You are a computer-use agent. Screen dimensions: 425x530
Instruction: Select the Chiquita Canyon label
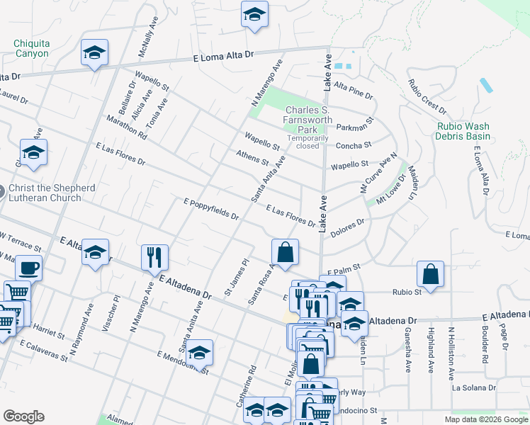tap(31, 48)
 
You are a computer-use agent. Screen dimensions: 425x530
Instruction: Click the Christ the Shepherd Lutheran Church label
tap(51, 193)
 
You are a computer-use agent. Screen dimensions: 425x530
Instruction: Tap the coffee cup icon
tap(28, 268)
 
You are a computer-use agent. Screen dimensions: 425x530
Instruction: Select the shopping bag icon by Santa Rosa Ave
tap(284, 252)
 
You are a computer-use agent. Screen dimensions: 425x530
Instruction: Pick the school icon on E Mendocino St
tap(200, 352)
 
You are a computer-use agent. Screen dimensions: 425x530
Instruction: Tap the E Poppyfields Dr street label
tap(210, 209)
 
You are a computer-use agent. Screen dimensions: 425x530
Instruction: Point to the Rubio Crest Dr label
tap(427, 96)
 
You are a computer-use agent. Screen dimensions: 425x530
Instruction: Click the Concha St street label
tap(352, 145)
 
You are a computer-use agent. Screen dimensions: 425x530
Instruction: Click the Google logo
tap(23, 416)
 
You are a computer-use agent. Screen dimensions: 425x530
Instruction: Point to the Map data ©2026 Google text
tap(485, 419)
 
